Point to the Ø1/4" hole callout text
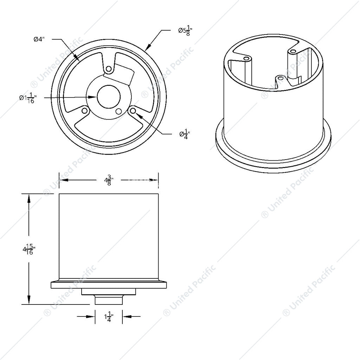[185, 134]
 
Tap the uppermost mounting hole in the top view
[109, 69]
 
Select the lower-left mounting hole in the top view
[84, 111]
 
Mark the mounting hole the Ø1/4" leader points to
[133, 111]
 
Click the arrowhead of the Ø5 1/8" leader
[148, 47]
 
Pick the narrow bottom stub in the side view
[109, 300]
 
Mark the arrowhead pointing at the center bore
[94, 97]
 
